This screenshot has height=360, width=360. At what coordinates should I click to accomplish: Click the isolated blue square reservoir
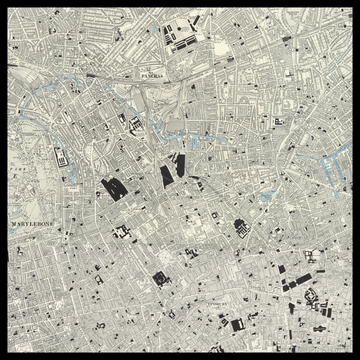pos(265,198)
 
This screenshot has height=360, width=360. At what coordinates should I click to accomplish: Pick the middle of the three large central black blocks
pos(167,176)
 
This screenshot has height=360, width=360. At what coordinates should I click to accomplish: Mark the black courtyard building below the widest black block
pos(123,232)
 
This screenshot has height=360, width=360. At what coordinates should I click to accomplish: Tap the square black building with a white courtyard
pos(159,278)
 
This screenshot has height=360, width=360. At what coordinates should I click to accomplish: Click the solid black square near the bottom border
pos(237,325)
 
